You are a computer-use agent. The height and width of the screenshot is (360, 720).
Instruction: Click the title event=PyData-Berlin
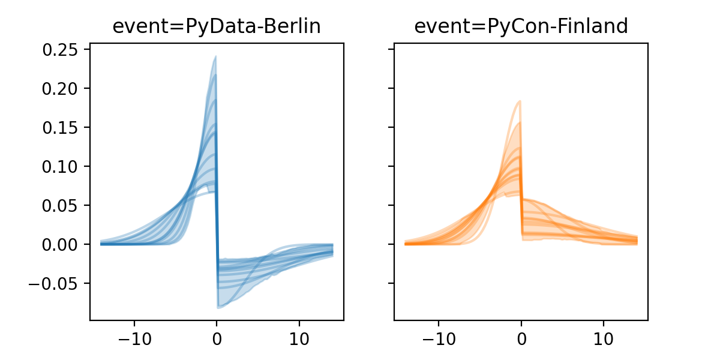[217, 26]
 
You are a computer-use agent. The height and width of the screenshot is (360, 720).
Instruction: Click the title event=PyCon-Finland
[521, 26]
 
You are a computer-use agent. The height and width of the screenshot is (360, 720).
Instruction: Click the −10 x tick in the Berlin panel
[134, 337]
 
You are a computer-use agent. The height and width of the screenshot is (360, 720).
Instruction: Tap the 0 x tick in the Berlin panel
[217, 337]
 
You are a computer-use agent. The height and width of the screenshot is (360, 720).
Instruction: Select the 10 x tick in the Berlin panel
[299, 337]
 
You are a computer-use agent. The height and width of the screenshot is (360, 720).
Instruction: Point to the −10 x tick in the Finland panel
[438, 337]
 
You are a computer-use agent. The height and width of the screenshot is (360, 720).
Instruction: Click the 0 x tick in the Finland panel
[521, 337]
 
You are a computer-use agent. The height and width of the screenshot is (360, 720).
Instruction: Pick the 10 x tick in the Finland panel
[604, 337]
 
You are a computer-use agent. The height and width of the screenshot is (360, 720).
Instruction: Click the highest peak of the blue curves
[215, 57]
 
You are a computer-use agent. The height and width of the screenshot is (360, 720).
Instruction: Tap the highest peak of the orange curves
[519, 101]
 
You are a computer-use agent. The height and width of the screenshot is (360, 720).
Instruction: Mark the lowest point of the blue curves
[218, 308]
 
